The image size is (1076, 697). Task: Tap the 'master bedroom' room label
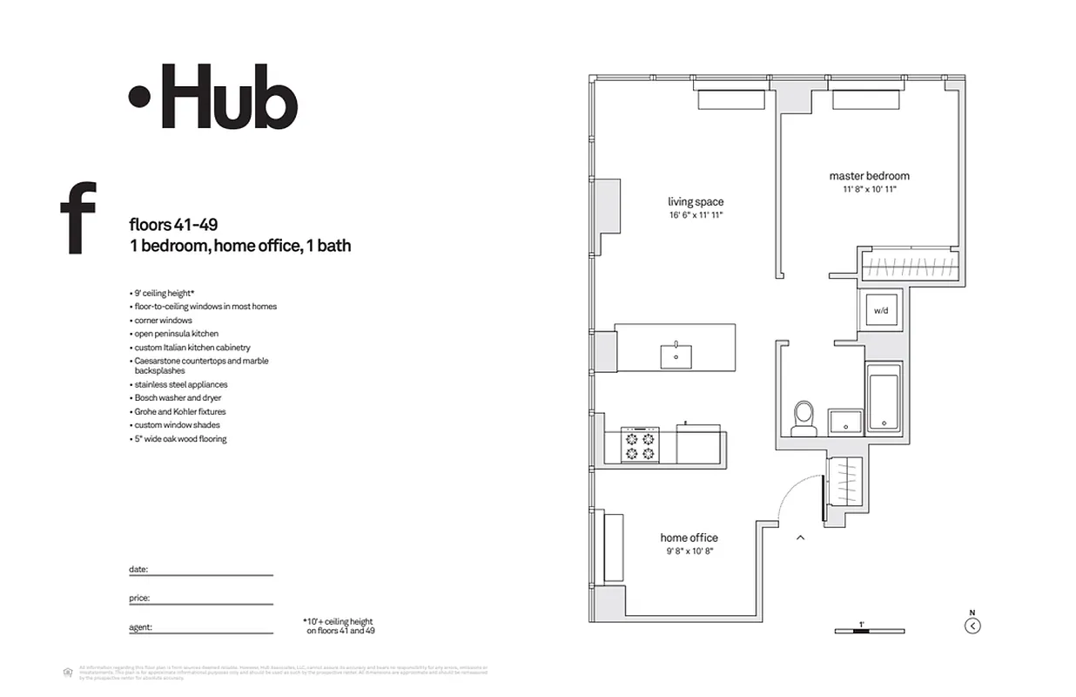point(869,176)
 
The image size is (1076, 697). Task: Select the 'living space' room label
point(696,202)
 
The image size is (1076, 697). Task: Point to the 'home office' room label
point(689,538)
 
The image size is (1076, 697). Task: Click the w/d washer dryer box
point(881,310)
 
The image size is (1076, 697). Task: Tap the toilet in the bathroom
point(804,418)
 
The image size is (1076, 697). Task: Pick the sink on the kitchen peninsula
point(676,355)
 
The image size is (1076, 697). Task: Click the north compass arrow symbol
point(973,626)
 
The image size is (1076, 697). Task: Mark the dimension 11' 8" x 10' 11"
point(869,189)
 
